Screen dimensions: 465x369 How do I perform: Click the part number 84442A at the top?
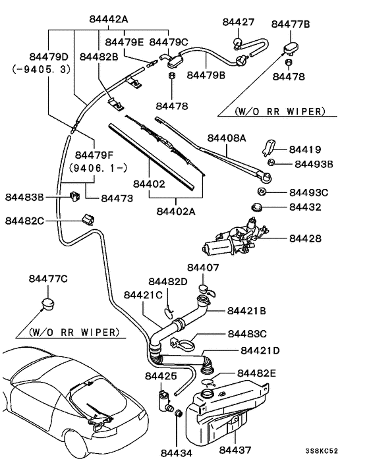click(109, 19)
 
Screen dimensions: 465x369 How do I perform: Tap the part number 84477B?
click(293, 25)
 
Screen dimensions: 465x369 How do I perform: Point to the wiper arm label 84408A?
click(226, 138)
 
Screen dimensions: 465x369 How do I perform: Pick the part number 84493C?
click(308, 192)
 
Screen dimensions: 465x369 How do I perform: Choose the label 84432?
click(304, 207)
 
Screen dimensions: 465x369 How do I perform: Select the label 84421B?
click(246, 310)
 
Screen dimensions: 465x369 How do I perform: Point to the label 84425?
click(161, 376)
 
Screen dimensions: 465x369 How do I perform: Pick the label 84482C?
click(26, 221)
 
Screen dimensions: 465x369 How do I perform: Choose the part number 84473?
click(117, 198)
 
